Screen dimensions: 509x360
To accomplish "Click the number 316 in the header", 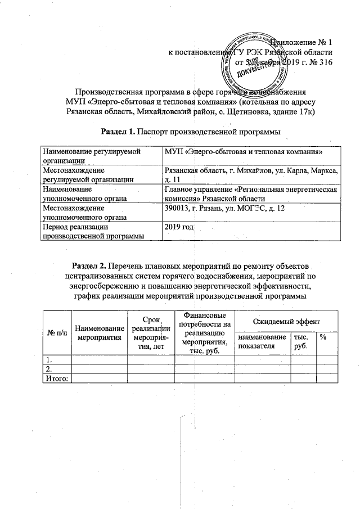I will [x=326, y=62].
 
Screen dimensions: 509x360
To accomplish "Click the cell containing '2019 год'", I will [x=179, y=226].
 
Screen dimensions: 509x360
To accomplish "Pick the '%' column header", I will [x=323, y=336].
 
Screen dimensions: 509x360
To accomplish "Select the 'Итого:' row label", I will [x=56, y=379].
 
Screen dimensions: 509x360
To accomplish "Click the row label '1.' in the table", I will [x=50, y=360].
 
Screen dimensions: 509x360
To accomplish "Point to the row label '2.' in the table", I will [x=50, y=369].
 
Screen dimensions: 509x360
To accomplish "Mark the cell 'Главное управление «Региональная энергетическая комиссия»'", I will [x=250, y=194].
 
